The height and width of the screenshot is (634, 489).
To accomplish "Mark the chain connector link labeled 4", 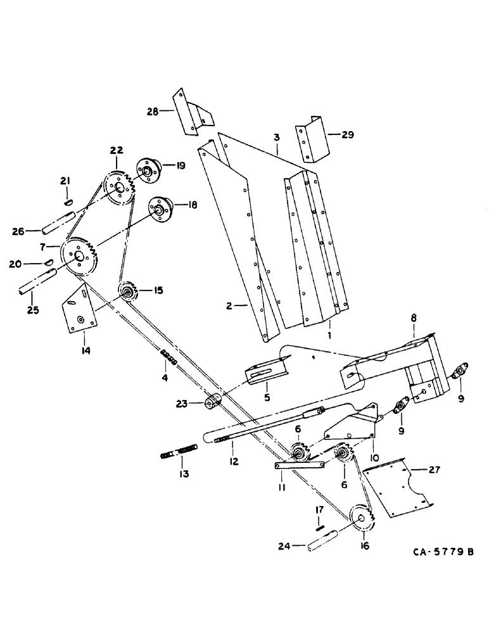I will (x=169, y=359).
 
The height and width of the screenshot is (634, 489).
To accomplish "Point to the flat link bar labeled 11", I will (x=300, y=465).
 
